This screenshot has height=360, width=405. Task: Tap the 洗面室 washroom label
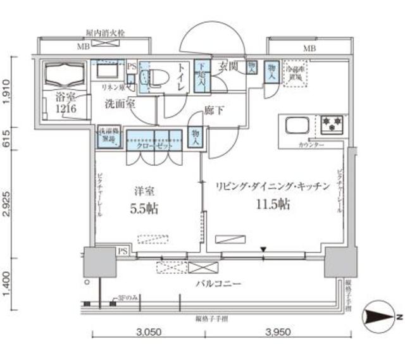coord(120,104)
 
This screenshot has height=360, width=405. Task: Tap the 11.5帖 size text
coord(273,204)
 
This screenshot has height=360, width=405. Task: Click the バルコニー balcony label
coord(218,284)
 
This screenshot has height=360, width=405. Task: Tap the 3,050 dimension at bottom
coord(149,331)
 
